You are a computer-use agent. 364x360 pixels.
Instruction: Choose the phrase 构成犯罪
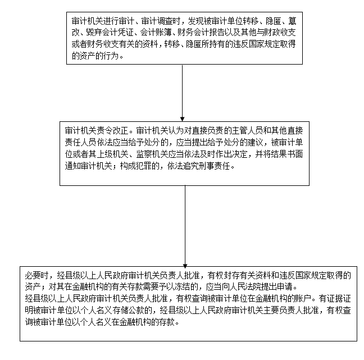coord(134,166)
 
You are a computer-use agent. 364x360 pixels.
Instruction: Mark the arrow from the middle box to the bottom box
coord(185,225)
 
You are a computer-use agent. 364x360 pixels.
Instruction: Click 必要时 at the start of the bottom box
coord(35,276)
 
